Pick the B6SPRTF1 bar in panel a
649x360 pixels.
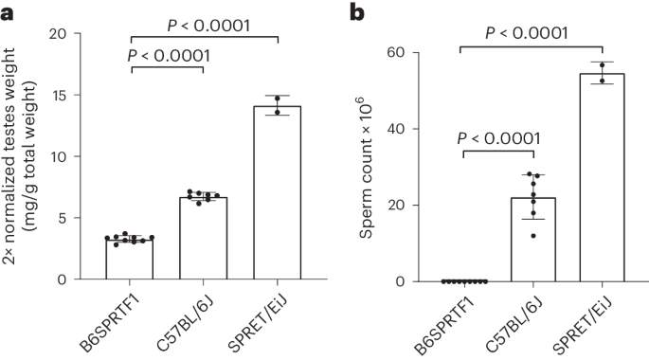click(x=130, y=259)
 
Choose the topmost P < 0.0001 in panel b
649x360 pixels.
click(x=532, y=33)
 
